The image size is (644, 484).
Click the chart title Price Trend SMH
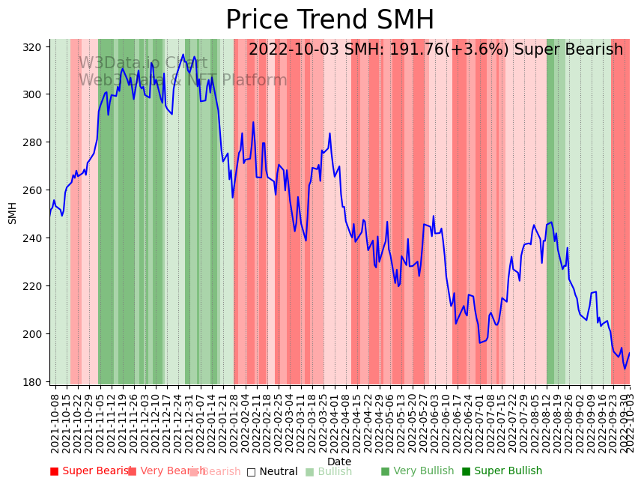click(x=329, y=20)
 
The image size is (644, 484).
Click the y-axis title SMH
click(x=13, y=213)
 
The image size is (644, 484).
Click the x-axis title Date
click(x=338, y=462)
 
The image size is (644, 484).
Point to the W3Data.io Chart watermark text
click(x=143, y=63)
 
